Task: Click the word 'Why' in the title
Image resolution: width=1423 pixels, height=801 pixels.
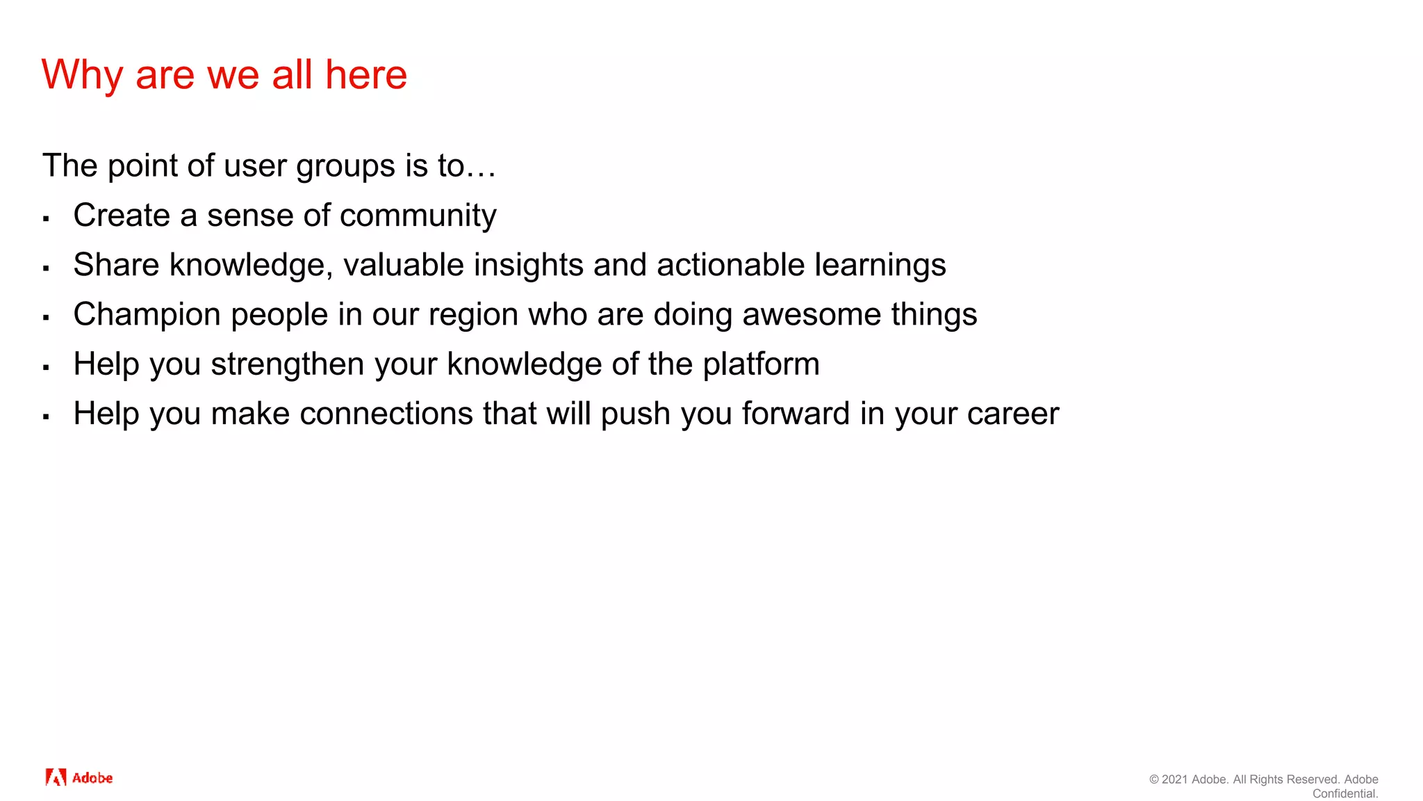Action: [82, 75]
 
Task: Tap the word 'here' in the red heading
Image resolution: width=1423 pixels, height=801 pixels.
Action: [366, 74]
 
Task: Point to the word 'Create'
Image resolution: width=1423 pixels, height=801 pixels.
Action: [122, 215]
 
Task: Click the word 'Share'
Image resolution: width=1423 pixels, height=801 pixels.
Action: [116, 265]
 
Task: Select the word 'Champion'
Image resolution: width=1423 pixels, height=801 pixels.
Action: [147, 314]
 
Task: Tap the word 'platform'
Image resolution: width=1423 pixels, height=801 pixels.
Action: [761, 364]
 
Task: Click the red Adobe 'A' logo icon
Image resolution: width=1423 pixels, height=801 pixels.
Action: [56, 777]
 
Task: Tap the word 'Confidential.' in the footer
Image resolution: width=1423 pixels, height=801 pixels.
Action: [1344, 793]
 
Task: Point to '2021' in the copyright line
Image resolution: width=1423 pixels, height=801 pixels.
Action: [1175, 779]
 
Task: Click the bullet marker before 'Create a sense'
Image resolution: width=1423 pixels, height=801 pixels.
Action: [46, 219]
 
